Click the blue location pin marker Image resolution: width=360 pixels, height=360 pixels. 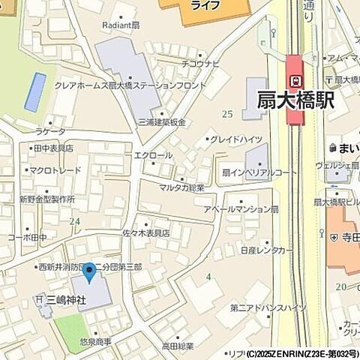(89, 272)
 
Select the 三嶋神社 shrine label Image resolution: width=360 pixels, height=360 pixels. (67, 300)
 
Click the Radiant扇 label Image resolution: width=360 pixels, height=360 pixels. (121, 24)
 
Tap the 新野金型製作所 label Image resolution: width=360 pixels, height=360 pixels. (46, 199)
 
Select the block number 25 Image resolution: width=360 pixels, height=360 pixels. (226, 113)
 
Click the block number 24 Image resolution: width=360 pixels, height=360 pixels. (74, 221)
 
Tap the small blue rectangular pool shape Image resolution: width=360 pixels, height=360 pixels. (34, 92)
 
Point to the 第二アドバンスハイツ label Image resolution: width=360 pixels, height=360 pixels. (268, 307)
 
